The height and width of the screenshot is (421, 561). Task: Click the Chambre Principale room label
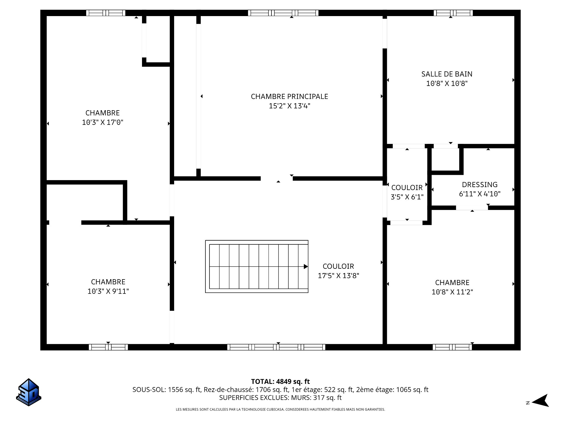289,96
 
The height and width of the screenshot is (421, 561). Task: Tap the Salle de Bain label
447,74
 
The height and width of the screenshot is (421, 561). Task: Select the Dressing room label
479,184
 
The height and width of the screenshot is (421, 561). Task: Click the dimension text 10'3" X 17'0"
103,122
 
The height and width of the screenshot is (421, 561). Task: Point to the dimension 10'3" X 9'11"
108,291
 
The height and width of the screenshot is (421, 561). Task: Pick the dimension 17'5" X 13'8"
338,276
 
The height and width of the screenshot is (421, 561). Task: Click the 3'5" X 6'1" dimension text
407,197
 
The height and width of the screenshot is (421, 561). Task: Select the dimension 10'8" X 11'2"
452,292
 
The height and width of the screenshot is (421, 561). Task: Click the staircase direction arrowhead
306,266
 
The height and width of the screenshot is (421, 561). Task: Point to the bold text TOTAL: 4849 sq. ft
280,382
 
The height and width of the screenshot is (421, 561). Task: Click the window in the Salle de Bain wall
453,13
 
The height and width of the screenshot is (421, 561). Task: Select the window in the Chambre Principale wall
283,13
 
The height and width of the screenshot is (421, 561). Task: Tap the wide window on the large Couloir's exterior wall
276,347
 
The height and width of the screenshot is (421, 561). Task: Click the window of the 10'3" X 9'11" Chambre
108,347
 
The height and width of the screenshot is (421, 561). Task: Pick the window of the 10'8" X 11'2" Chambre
452,347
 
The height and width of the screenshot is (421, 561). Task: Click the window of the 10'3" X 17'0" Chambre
106,13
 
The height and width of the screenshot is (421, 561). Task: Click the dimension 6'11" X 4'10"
480,194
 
